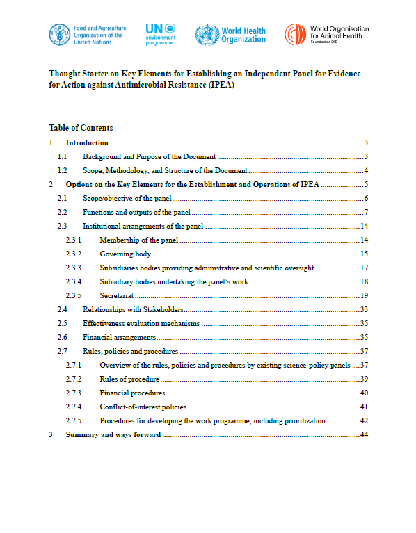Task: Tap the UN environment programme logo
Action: point(161,34)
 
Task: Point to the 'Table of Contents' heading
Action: point(81,128)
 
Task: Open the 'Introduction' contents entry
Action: point(87,142)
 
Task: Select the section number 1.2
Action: point(62,170)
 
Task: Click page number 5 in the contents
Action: point(365,184)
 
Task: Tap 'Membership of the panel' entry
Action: point(139,240)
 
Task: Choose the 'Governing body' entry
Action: point(125,254)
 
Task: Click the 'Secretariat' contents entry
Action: point(116,295)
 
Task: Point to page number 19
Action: point(363,295)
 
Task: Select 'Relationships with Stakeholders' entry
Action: point(132,309)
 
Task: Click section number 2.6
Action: point(62,337)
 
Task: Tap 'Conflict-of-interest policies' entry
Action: point(143,407)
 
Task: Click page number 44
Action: point(363,434)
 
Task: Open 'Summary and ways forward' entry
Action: point(113,434)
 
